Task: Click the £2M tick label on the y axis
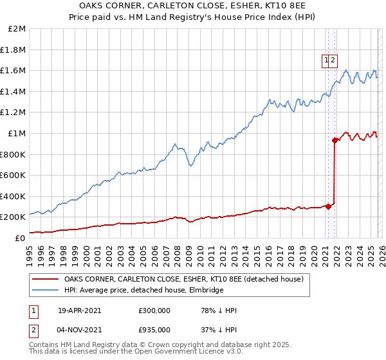(x=17, y=29)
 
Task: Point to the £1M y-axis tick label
(x=17, y=133)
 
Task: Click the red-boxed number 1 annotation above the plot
(x=327, y=60)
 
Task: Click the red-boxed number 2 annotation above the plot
(x=333, y=60)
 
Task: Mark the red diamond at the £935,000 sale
(x=335, y=140)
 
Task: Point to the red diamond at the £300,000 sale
(x=328, y=206)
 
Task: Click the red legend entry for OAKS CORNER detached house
(x=187, y=279)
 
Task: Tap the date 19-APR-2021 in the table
(x=79, y=310)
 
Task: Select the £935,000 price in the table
(x=154, y=330)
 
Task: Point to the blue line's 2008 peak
(x=174, y=143)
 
